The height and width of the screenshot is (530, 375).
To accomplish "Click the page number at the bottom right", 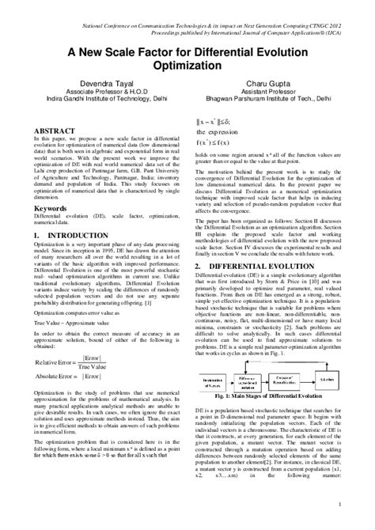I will point(339,504).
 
